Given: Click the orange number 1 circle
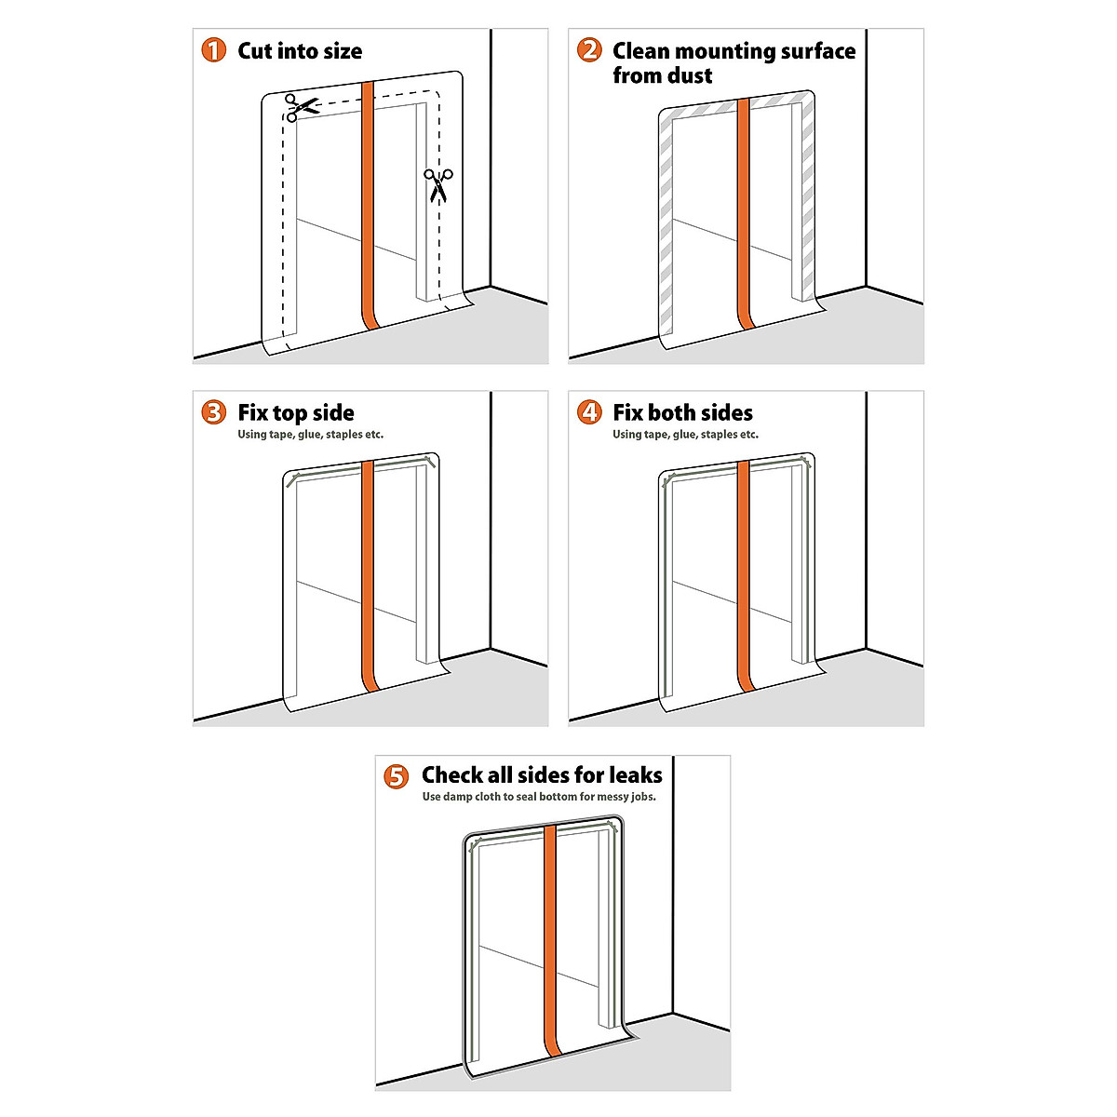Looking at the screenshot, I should coord(214,50).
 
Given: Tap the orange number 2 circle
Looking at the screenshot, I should coord(589,50).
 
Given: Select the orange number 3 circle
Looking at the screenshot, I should coord(214,412).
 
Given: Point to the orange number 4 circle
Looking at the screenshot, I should coord(589,412).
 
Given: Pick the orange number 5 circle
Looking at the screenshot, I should coord(397,775).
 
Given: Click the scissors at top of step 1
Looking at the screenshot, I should coord(300,107).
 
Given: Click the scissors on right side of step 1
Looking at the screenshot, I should coord(437,184).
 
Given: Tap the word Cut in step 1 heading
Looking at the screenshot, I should coord(254,51).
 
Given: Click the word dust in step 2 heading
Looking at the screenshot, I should coord(688,75).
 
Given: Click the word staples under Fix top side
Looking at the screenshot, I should coord(345,435).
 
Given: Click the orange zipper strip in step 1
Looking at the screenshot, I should coord(367,205).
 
